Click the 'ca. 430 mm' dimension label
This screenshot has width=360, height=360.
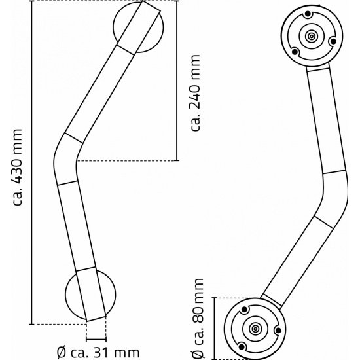click(18, 168)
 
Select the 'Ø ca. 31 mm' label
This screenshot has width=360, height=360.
click(98, 352)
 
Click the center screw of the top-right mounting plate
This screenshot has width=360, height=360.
click(312, 36)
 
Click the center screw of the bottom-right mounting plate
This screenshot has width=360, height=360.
click(255, 329)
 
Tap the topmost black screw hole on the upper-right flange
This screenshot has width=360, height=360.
click(308, 14)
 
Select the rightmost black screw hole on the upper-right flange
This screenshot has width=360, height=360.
click(333, 42)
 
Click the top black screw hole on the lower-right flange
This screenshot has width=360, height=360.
click(245, 310)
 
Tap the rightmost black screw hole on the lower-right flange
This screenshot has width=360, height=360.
click(278, 331)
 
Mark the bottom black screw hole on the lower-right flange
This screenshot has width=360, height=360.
click(242, 346)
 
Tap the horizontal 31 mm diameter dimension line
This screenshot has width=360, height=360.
click(96, 339)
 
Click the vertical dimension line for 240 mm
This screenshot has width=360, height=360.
click(177, 81)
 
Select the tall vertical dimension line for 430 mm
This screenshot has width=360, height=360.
click(31, 162)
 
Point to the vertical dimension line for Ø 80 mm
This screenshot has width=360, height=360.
click(215, 329)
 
